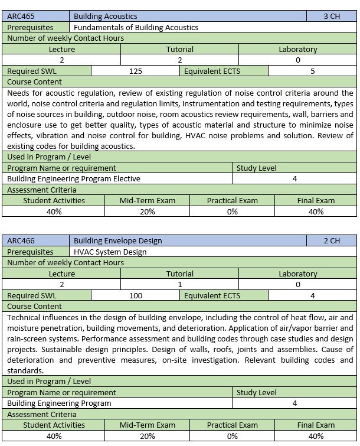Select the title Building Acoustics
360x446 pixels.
(x=106, y=17)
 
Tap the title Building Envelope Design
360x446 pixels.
(x=118, y=241)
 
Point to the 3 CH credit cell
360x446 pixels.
(x=332, y=17)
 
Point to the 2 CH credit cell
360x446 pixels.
(x=332, y=241)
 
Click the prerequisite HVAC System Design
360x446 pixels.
(x=110, y=252)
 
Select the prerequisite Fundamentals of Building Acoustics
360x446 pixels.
(x=136, y=27)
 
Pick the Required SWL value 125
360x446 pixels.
(x=136, y=71)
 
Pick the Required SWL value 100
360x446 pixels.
(x=136, y=295)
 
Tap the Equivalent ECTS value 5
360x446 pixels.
(x=313, y=71)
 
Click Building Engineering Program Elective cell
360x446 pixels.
(x=74, y=178)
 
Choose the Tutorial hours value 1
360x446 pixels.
(x=180, y=284)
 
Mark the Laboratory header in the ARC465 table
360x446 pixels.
(x=298, y=49)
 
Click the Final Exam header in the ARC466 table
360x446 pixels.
(x=316, y=425)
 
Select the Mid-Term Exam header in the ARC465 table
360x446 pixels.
(x=148, y=200)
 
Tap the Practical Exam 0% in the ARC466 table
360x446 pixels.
(x=232, y=436)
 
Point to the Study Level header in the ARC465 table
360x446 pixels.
(x=257, y=168)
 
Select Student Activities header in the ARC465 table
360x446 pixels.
(x=54, y=200)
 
